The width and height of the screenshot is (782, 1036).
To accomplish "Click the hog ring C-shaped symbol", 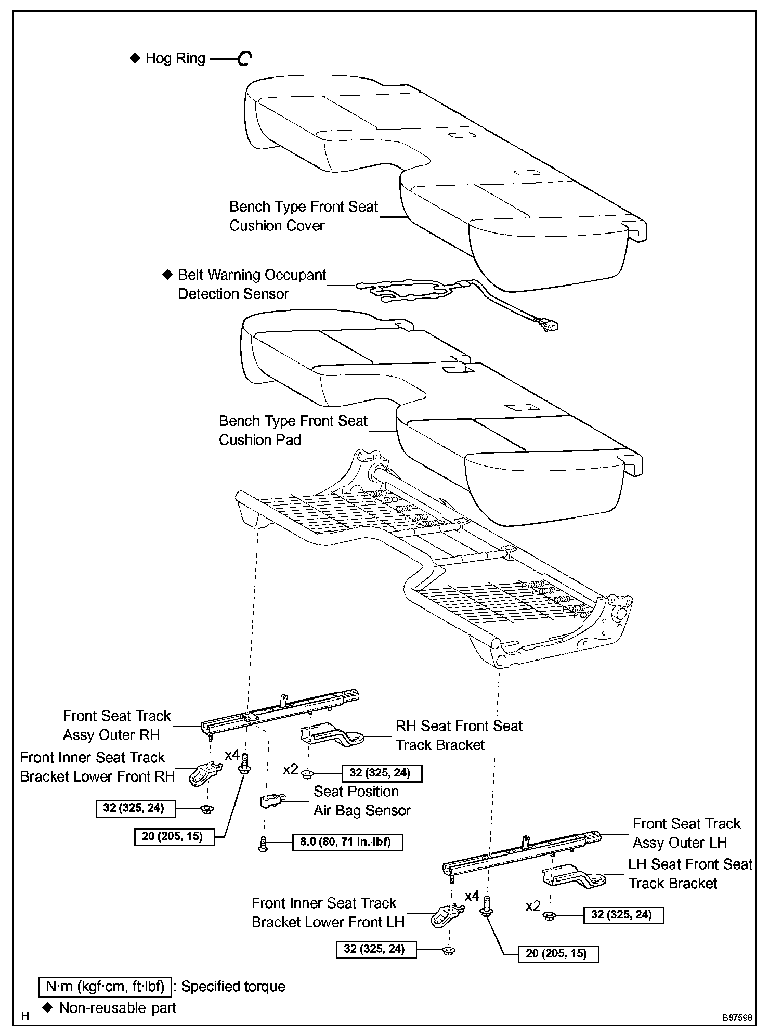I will click(244, 59).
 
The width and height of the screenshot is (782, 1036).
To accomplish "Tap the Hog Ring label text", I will click(175, 58).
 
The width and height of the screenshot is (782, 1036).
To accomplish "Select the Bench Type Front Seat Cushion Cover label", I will click(303, 216).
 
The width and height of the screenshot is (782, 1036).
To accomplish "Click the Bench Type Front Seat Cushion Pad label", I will click(293, 430).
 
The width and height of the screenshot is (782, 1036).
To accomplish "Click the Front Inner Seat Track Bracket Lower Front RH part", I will click(205, 775).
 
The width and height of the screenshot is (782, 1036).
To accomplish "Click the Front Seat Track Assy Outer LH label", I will click(686, 833).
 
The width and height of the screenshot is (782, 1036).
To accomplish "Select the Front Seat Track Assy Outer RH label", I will click(116, 725).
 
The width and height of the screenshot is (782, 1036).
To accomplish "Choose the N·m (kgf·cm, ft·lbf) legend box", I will click(105, 987).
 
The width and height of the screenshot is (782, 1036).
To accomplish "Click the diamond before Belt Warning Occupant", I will click(167, 275).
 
